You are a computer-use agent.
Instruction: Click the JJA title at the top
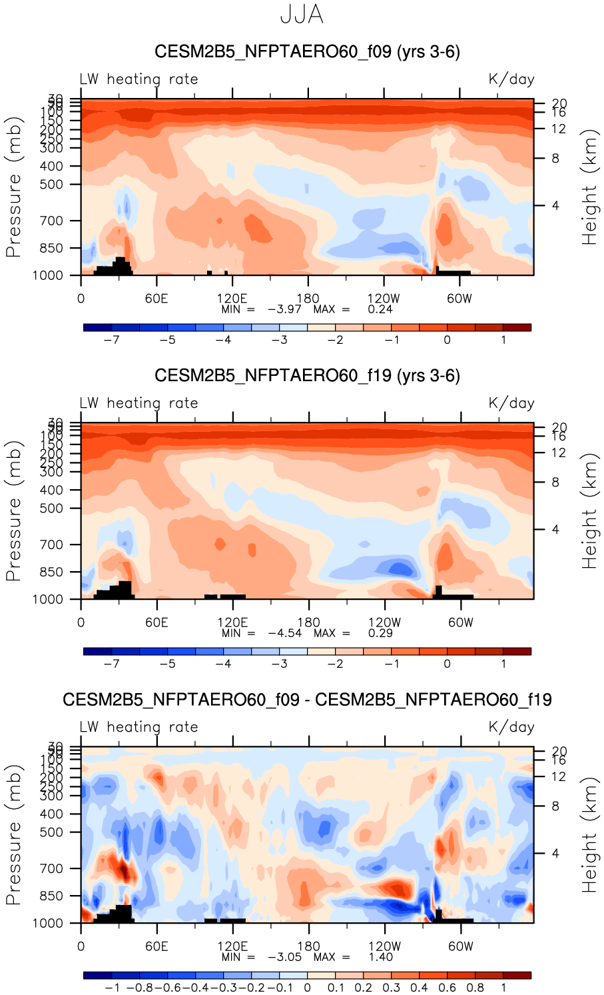(x=302, y=15)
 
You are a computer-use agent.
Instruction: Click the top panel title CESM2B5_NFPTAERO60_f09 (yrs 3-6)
(x=307, y=52)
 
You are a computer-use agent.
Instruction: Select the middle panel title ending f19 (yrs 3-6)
(x=307, y=376)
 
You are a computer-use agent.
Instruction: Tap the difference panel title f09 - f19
(x=307, y=700)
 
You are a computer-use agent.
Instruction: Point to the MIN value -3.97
(x=284, y=309)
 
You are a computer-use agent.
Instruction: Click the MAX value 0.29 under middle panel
(x=380, y=633)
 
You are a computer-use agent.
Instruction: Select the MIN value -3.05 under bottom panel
(x=284, y=957)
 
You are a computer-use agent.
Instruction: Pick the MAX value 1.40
(x=380, y=957)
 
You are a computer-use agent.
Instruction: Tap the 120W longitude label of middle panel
(x=384, y=622)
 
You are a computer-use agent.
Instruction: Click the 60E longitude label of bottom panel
(x=156, y=946)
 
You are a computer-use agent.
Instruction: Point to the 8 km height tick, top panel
(x=555, y=159)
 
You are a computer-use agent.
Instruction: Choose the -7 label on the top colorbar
(x=112, y=340)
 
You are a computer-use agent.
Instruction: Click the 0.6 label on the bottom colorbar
(x=448, y=988)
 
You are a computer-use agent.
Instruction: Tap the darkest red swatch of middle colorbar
(x=517, y=651)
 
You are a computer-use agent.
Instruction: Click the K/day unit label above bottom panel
(x=511, y=727)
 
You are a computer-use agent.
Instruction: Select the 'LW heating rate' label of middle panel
(x=139, y=403)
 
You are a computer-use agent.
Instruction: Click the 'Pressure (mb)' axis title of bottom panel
(x=13, y=835)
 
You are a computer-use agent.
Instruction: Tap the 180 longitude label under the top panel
(x=308, y=299)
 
